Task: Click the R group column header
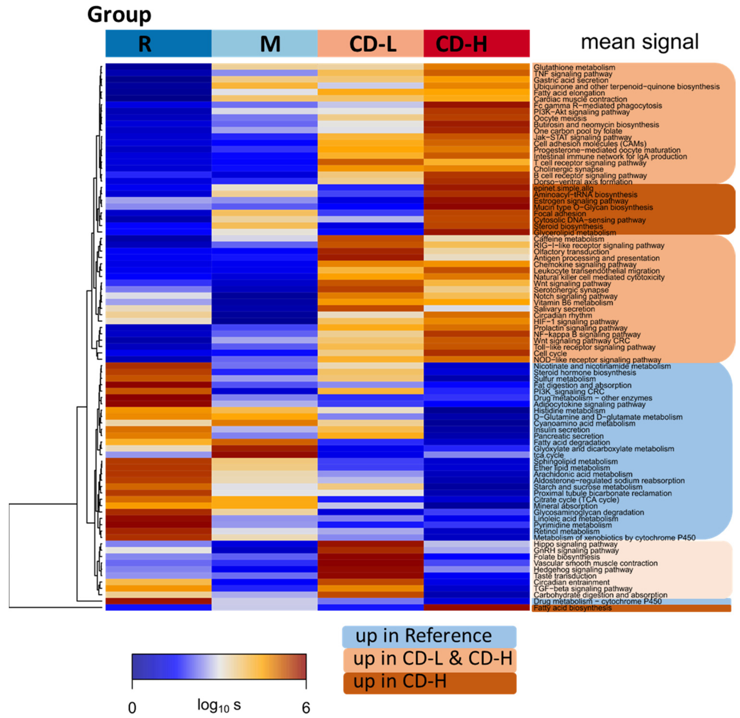point(158,43)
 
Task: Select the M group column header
point(264,43)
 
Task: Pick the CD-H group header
point(476,43)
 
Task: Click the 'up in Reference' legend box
point(429,637)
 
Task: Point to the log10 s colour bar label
point(219,705)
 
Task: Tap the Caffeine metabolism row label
point(569,239)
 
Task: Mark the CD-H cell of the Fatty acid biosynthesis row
point(476,607)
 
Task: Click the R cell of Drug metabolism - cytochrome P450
point(158,601)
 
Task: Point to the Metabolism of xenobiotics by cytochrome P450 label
point(614,538)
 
